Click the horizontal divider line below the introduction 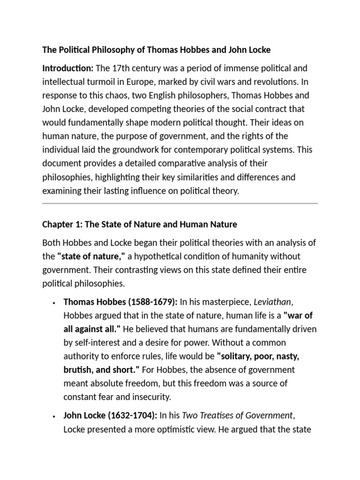click(180, 203)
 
